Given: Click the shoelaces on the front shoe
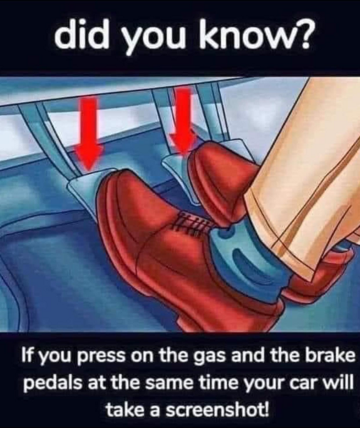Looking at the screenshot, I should coord(191,224).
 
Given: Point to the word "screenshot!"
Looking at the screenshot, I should coord(207,409).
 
